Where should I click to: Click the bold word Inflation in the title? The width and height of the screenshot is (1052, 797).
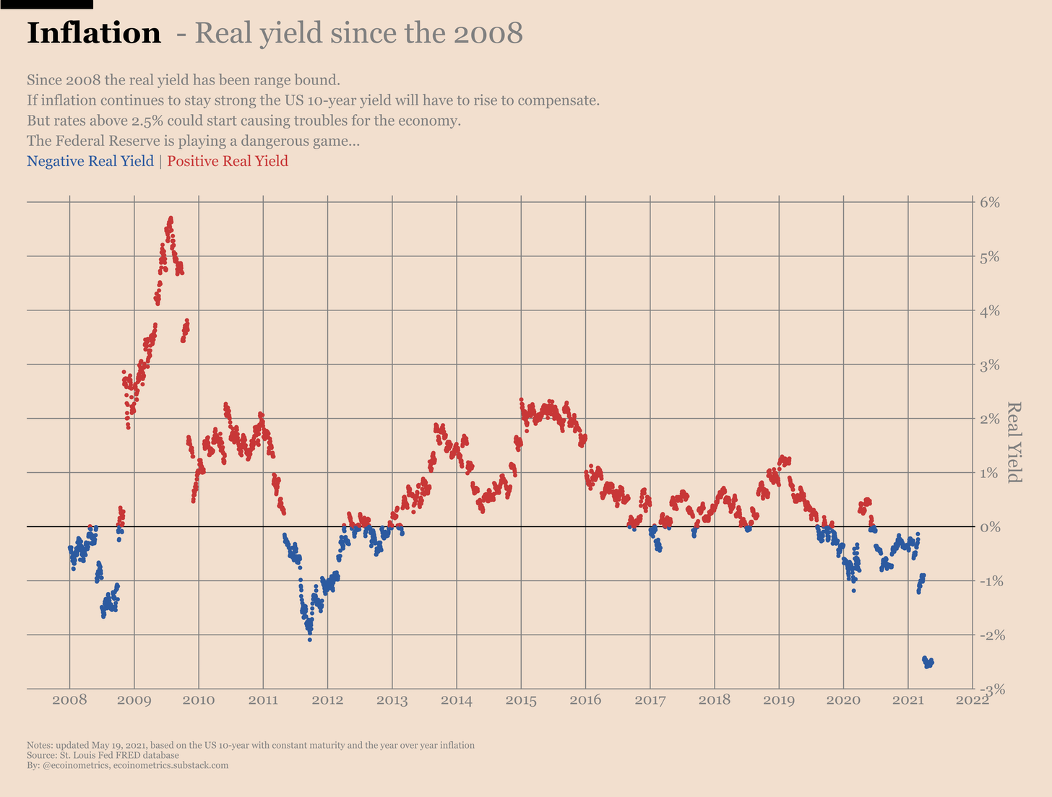coord(93,34)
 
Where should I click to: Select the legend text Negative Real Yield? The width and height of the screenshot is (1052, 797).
coord(90,161)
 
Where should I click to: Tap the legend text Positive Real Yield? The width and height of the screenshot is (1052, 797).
coord(228,161)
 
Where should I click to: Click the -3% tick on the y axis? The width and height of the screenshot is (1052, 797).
coord(988,689)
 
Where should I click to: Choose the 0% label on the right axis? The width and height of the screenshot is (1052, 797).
coord(990,528)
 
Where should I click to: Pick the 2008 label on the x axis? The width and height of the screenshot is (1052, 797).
coord(69,700)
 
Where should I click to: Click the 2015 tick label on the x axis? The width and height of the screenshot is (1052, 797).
coord(521,700)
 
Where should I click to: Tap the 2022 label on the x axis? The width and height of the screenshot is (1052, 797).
coord(972,700)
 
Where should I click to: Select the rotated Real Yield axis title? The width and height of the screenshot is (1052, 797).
coord(1014,442)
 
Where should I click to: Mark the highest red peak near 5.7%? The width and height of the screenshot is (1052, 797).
coord(171,217)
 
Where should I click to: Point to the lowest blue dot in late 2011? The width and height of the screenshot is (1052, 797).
coord(310,640)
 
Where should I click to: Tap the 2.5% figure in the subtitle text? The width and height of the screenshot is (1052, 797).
coord(147,121)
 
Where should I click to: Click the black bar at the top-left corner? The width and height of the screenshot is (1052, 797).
coord(46,4)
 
